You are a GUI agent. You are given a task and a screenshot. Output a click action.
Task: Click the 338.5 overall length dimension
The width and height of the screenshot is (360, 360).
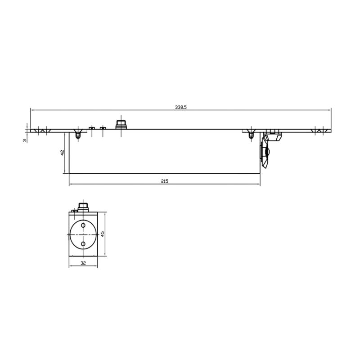[x=181, y=107]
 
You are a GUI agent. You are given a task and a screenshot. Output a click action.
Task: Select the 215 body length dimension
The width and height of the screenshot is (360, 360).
[x=165, y=181]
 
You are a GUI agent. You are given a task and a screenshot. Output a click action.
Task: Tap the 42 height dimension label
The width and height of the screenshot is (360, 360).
[x=62, y=153]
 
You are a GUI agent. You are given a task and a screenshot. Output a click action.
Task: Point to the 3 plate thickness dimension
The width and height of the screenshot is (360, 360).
[x=25, y=140]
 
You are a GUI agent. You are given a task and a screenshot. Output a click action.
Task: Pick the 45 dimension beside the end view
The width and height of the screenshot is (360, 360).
[x=103, y=234]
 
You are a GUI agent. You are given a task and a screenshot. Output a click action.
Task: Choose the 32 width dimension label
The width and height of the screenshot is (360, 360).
[x=83, y=263]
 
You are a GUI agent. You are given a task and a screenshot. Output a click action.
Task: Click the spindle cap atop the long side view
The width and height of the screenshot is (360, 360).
[x=121, y=125]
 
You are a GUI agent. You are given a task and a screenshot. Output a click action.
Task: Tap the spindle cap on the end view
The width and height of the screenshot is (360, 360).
[x=83, y=207]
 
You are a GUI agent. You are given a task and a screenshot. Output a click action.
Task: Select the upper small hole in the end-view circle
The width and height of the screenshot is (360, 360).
[x=83, y=225]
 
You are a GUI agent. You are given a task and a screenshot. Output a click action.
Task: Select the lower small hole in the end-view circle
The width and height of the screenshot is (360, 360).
[x=83, y=244]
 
